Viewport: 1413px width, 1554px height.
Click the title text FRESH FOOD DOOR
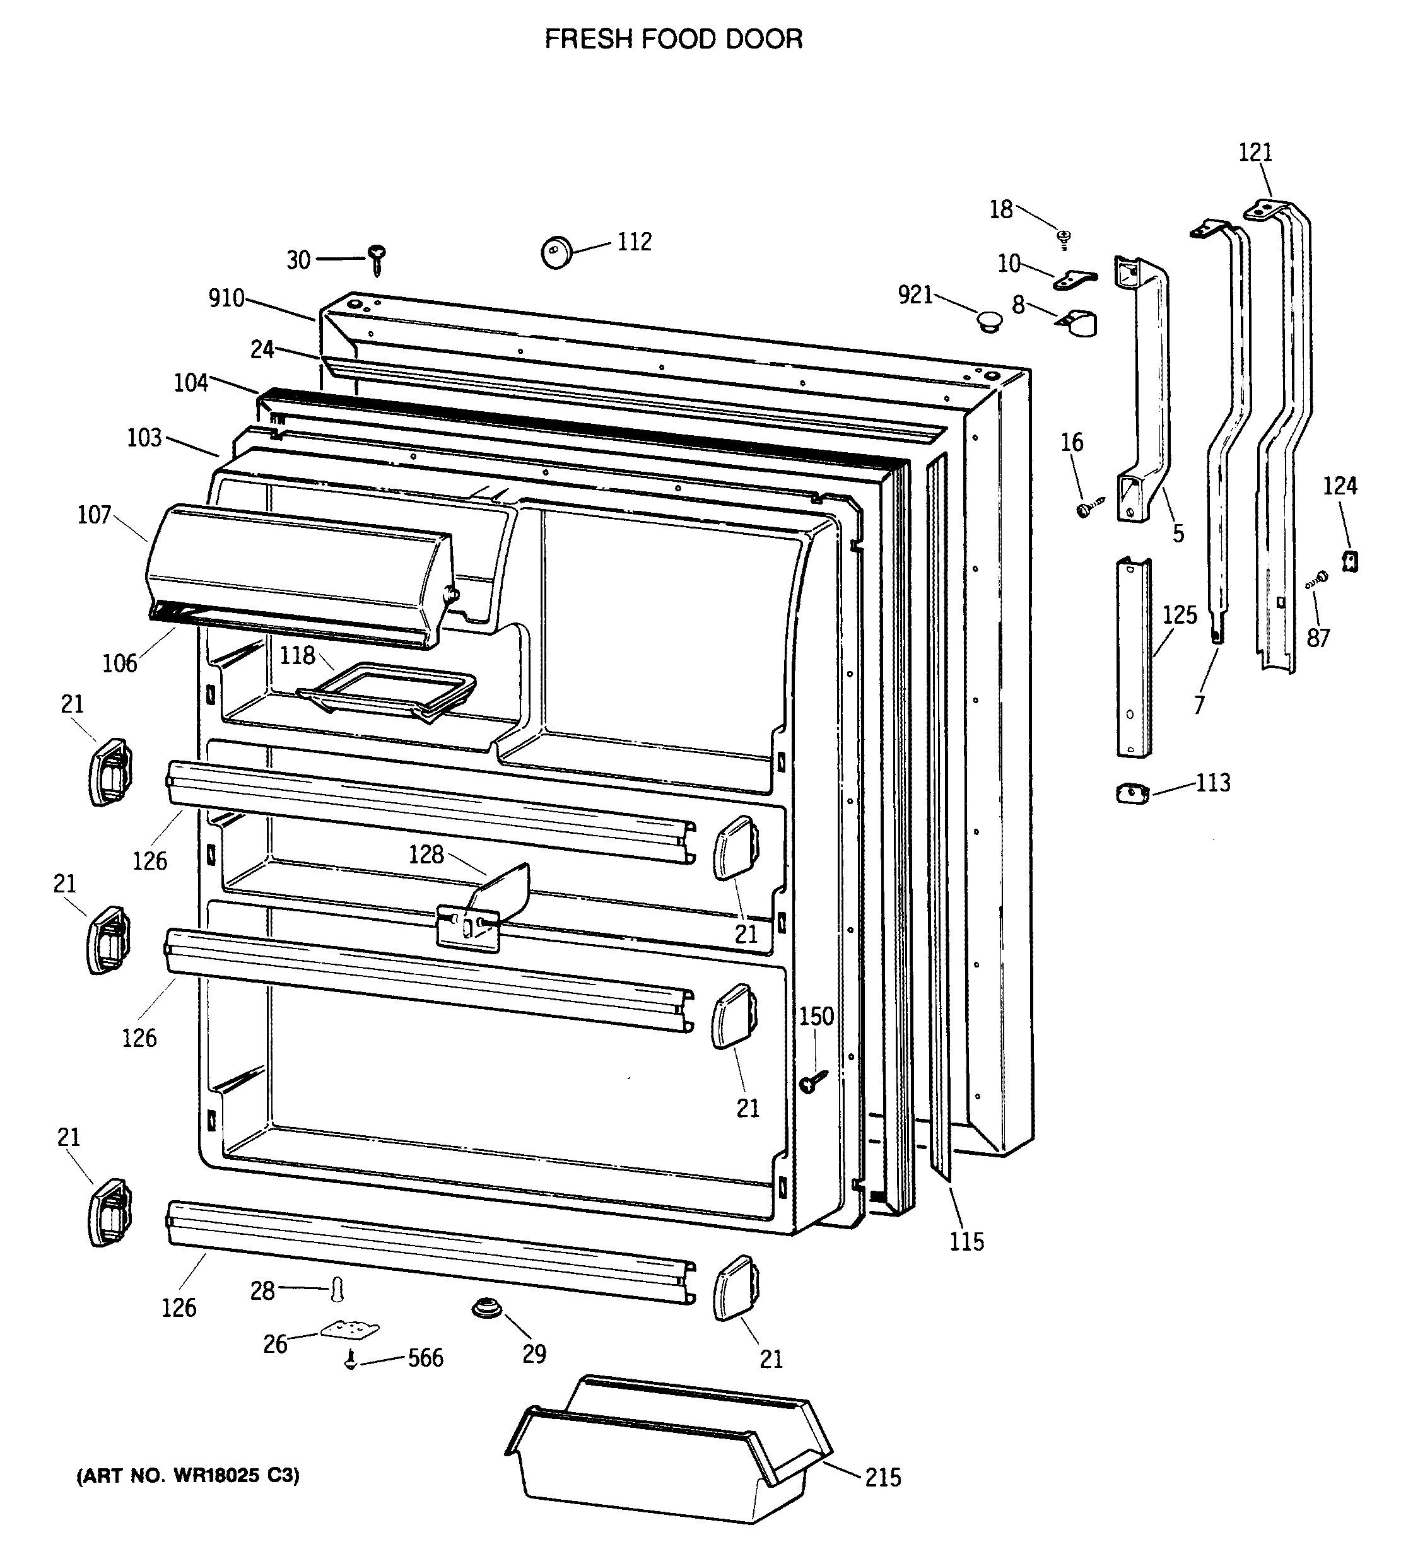[x=673, y=39]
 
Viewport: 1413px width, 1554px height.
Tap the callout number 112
[x=634, y=242]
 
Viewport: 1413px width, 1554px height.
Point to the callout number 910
[x=226, y=298]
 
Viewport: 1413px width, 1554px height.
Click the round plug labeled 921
[x=987, y=320]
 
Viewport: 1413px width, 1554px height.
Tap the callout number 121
[x=1255, y=153]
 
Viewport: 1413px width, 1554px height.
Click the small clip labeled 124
[x=1349, y=561]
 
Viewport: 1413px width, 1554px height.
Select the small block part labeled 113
[x=1132, y=792]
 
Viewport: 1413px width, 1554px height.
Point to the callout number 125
[x=1180, y=615]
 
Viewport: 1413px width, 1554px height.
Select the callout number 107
[x=94, y=514]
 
